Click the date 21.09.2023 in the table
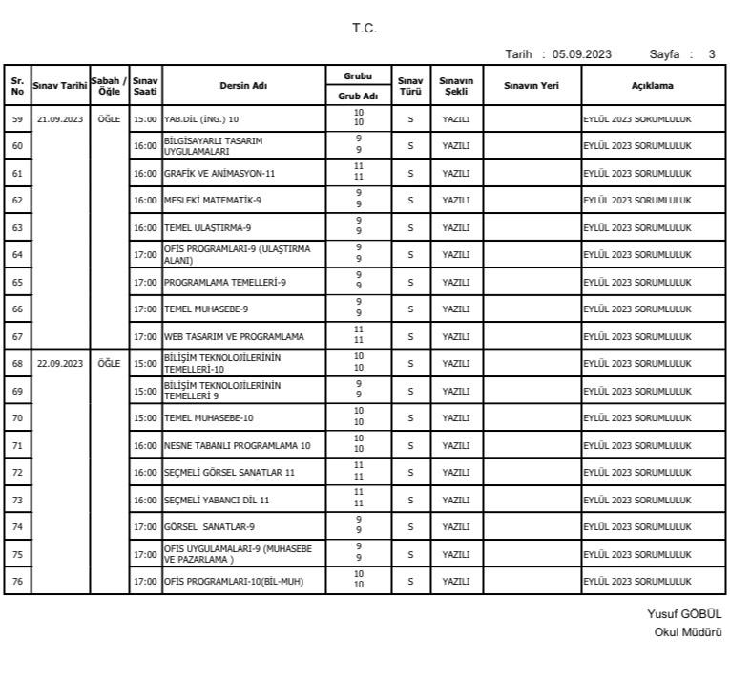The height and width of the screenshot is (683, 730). tap(60, 119)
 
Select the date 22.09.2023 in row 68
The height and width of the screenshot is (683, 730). tap(60, 364)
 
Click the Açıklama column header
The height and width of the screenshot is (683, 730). tap(652, 86)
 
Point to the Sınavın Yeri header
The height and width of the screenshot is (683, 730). tap(532, 86)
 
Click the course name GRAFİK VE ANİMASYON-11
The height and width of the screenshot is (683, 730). tap(219, 174)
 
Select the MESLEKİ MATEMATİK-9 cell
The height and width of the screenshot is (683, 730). tap(211, 201)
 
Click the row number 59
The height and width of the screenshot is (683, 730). tap(17, 119)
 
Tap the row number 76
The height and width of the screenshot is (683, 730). tap(17, 581)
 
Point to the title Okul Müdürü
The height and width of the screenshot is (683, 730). tap(688, 632)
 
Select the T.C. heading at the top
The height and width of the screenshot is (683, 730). tap(365, 28)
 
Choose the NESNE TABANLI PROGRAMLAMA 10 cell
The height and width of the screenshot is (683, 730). tap(238, 446)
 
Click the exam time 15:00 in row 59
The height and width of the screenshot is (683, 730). tap(145, 119)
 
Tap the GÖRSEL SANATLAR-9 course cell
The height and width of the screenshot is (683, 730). tap(209, 527)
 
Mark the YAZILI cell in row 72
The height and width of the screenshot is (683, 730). tap(456, 473)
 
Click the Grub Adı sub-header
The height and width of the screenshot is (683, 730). tap(359, 96)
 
